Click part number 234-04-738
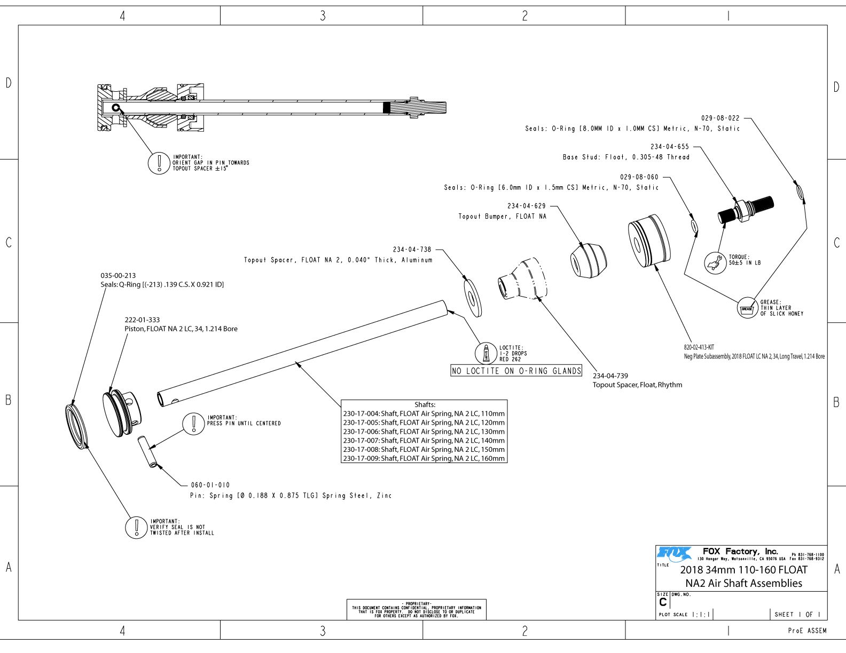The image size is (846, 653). (x=412, y=250)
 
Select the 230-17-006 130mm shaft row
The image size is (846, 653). (x=424, y=432)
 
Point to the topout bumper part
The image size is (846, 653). (x=588, y=260)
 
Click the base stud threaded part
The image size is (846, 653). (x=745, y=210)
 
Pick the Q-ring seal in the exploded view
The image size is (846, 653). (x=77, y=424)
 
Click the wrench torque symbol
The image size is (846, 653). (x=715, y=262)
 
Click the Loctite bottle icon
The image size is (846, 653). (x=486, y=353)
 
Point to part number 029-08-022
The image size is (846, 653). (x=720, y=118)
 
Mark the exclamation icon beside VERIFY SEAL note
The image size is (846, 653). (x=136, y=527)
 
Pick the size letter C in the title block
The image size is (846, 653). (x=663, y=602)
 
